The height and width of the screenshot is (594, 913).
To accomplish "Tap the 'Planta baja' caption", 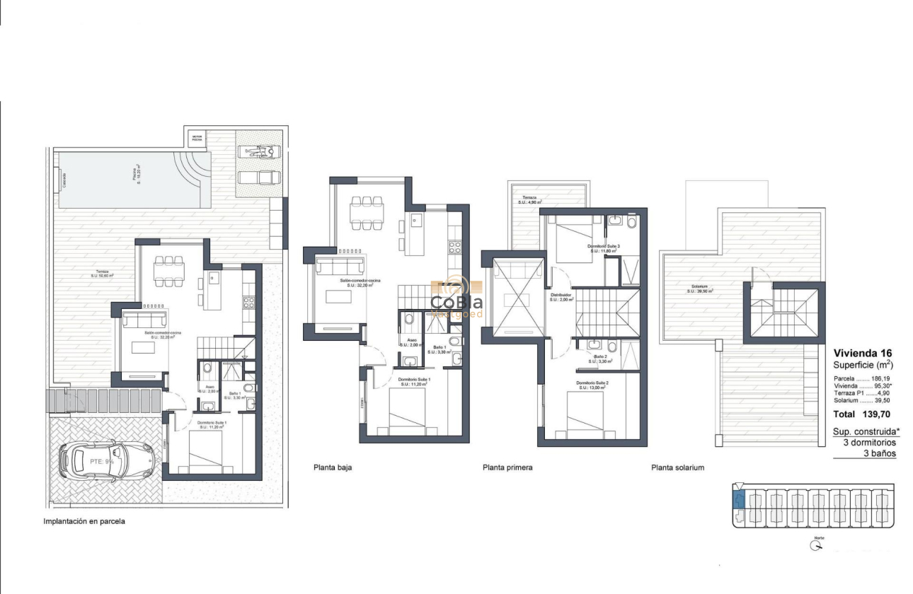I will click(333, 467).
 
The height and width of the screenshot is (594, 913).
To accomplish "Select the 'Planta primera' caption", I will click(507, 467).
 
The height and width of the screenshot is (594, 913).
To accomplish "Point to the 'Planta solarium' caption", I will click(677, 467).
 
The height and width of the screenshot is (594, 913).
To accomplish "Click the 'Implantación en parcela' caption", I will click(84, 522).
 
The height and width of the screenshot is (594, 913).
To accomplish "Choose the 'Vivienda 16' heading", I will click(862, 354).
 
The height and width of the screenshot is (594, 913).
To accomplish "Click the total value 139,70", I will click(879, 414).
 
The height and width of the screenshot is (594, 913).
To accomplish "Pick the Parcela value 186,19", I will click(881, 379).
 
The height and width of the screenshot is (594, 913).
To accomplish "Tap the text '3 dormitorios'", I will click(869, 442).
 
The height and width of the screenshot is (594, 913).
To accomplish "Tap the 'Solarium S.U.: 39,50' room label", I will click(701, 289).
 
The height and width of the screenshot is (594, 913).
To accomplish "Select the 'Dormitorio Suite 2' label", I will click(592, 384).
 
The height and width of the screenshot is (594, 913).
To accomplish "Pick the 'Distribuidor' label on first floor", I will click(561, 296).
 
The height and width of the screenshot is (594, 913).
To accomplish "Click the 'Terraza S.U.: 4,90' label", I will click(530, 200).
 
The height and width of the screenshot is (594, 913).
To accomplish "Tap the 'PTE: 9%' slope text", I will click(102, 461).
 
